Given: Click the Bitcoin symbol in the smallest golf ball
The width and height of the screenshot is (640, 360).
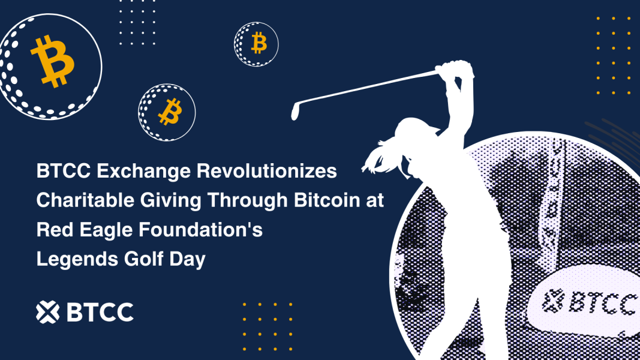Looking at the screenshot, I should click(x=259, y=43).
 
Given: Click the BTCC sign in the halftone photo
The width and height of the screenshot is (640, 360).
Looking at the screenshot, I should click(x=585, y=303).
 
